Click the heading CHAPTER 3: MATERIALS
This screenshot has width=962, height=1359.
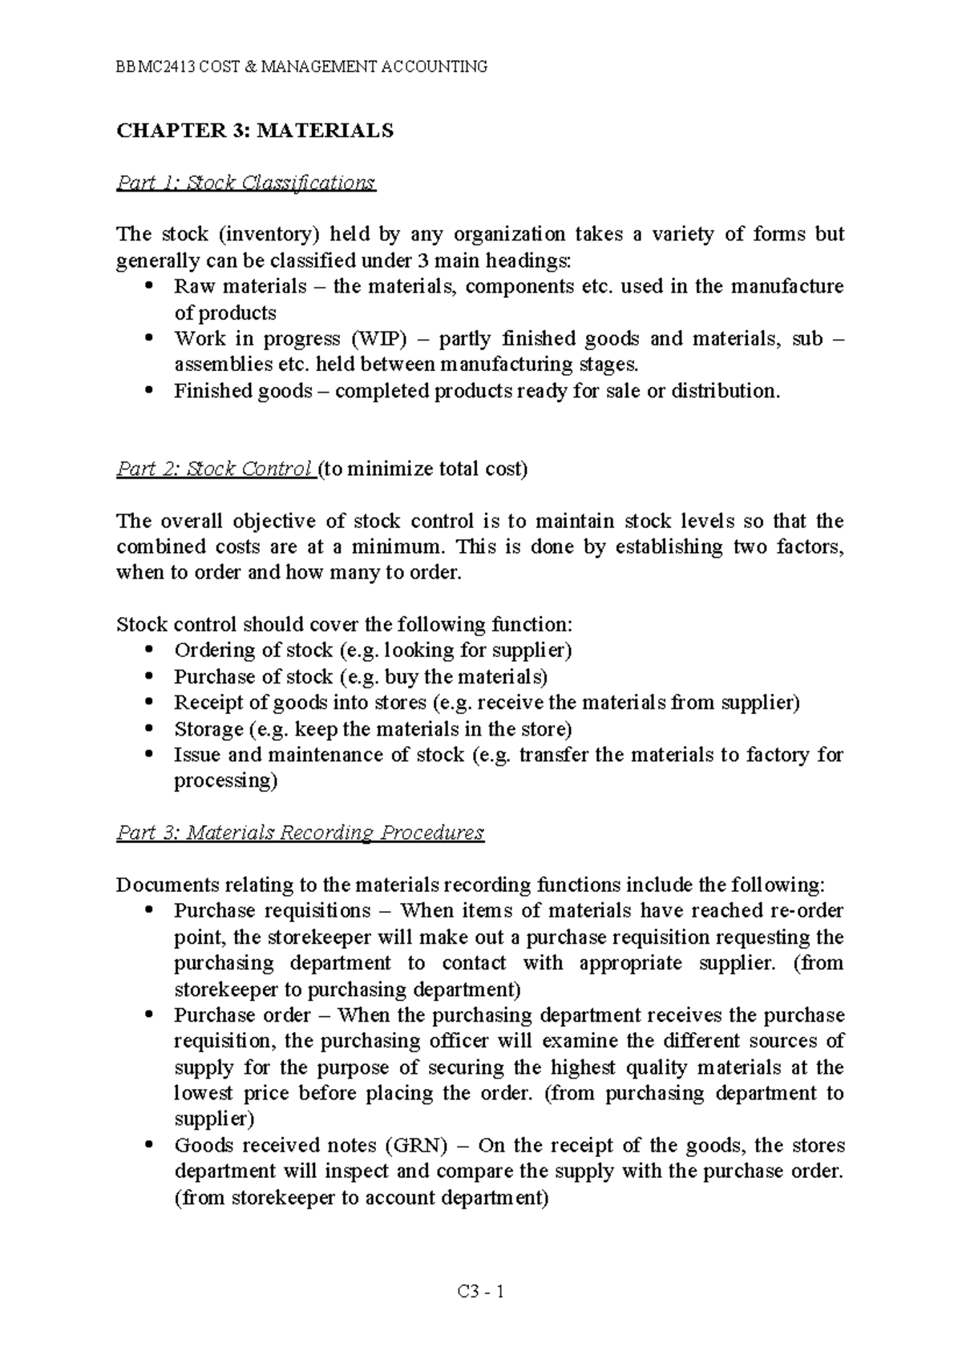pos(255,131)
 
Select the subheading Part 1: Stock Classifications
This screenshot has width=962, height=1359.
pos(245,183)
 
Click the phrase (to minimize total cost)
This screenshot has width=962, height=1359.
pos(422,469)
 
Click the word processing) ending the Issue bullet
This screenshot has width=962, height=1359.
pos(225,781)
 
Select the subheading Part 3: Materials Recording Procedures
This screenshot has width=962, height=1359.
pos(300,833)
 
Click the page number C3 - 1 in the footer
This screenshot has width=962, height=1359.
pos(480,1292)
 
